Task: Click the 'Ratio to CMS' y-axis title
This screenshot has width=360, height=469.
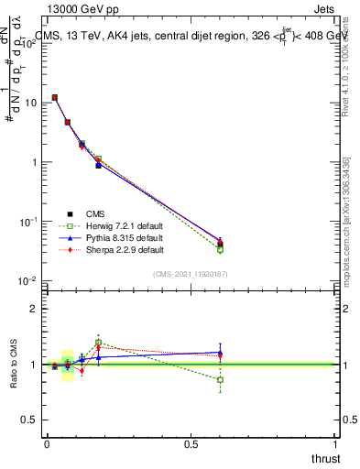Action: pos(13,365)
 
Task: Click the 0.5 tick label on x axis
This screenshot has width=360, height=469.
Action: pos(191,445)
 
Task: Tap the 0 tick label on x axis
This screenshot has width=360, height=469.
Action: pos(47,445)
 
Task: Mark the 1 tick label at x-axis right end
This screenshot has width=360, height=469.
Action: pos(336,445)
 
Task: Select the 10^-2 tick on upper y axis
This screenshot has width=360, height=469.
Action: pos(27,280)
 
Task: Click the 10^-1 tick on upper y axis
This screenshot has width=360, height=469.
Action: pos(27,222)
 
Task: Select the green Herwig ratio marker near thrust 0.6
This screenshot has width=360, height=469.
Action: pos(220,379)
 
